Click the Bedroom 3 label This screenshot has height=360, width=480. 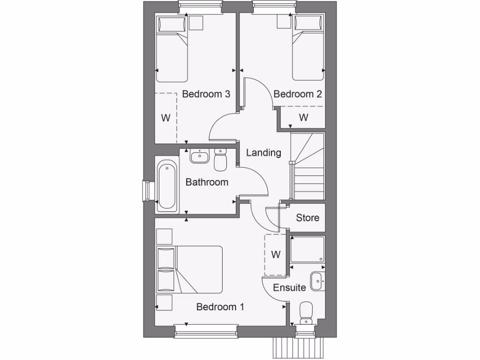click(206, 94)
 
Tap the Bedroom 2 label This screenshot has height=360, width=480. click(298, 94)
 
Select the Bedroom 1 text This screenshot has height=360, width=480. click(220, 307)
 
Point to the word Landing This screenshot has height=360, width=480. click(263, 152)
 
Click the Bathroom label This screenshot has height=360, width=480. click(207, 182)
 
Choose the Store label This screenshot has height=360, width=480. click(307, 217)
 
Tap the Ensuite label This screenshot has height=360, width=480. click(289, 287)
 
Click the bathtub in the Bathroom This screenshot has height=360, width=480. click(167, 186)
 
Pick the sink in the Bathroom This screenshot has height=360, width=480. click(200, 156)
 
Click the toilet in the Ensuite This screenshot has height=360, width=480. click(306, 312)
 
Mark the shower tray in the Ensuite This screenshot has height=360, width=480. click(307, 250)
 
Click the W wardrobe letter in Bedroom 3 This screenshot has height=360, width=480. click(165, 118)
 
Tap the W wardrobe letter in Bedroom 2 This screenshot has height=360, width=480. click(304, 117)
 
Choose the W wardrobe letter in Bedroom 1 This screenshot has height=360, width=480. click(276, 255)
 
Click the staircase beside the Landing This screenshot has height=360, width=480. click(308, 167)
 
